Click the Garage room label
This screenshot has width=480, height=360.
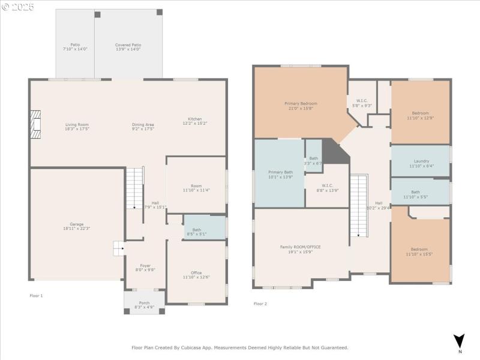tap(76, 224)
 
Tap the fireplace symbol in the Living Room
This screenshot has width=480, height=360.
tap(37, 125)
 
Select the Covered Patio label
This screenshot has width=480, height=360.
tap(128, 45)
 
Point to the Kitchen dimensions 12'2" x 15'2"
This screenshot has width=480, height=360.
tap(195, 124)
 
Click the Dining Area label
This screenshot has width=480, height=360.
tap(143, 124)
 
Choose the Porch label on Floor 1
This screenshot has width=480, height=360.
tap(144, 302)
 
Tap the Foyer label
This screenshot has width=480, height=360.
tap(145, 265)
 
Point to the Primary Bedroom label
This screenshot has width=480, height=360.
tap(301, 103)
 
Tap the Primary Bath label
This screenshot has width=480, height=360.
tap(280, 172)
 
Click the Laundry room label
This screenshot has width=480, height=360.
tap(421, 161)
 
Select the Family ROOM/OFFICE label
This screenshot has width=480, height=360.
tap(301, 247)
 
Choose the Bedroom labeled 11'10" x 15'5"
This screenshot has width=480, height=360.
tap(419, 249)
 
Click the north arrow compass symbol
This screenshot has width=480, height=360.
tap(459, 340)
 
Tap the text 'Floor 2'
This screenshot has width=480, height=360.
tap(260, 304)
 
